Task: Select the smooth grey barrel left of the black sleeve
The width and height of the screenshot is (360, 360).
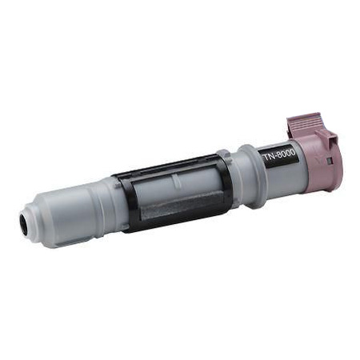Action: coord(84,205)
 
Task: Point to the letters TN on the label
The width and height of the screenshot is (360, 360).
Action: coord(270,164)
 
